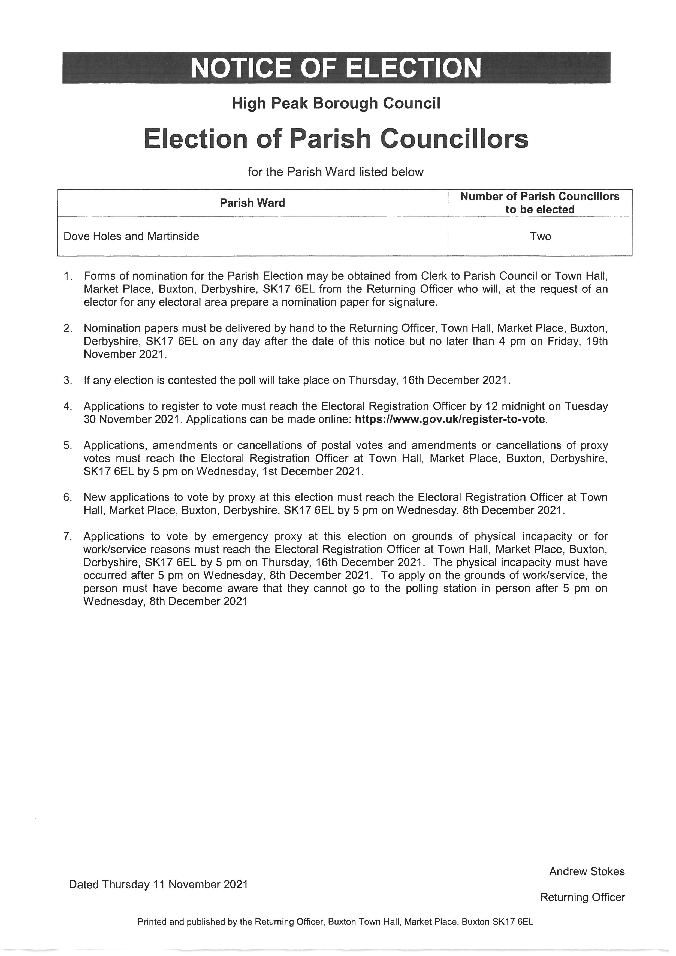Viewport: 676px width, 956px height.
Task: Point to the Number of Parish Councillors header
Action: [540, 203]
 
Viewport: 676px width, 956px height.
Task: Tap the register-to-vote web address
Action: [449, 419]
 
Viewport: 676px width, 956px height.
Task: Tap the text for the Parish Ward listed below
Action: [336, 172]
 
